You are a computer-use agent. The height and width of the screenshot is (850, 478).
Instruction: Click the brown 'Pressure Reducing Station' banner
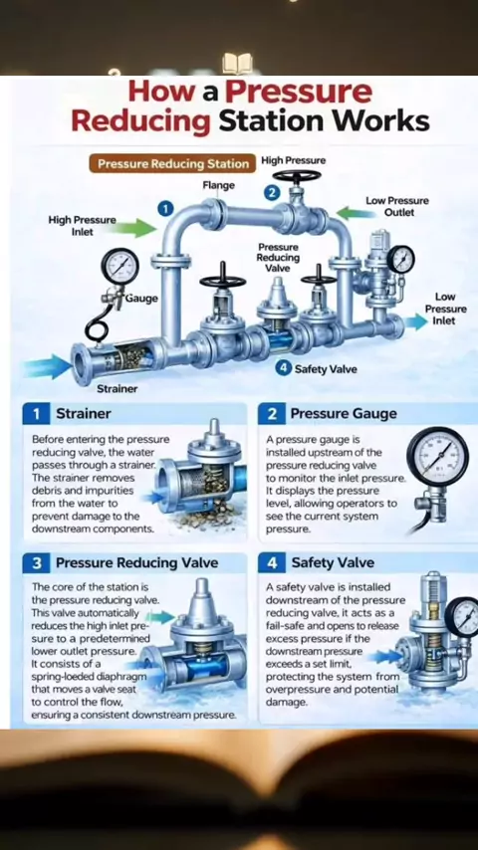tap(172, 164)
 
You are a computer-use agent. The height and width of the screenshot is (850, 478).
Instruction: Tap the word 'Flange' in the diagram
tap(219, 185)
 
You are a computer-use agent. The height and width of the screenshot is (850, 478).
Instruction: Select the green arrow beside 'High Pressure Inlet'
tap(137, 227)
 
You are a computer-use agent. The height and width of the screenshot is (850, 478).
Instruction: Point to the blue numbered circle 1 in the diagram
tap(165, 209)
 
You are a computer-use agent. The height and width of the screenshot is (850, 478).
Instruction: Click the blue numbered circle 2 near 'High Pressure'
tap(273, 192)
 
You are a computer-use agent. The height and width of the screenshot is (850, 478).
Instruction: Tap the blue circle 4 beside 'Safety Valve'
tap(283, 368)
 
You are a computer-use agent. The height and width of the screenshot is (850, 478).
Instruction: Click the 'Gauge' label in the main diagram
tap(141, 299)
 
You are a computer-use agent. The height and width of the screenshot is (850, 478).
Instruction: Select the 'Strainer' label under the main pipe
tap(118, 389)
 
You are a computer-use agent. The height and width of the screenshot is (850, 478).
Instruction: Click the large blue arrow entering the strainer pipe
tap(47, 366)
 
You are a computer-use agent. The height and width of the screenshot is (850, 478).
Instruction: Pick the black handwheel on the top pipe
tap(297, 177)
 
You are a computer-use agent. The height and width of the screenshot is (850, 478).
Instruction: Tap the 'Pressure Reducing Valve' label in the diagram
tap(278, 258)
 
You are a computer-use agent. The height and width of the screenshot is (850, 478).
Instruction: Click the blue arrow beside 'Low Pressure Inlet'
tap(415, 322)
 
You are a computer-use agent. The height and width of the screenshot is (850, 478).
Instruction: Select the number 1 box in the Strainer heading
tap(37, 414)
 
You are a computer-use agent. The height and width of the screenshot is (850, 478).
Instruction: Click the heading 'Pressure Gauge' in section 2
tap(344, 414)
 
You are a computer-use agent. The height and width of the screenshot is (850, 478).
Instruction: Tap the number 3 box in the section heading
tap(37, 563)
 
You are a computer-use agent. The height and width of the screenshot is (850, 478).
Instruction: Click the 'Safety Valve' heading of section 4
tap(333, 563)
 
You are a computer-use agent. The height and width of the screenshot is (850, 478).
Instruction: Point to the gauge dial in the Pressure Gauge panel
tap(437, 454)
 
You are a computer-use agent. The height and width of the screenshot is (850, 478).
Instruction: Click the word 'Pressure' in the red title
tap(299, 92)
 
